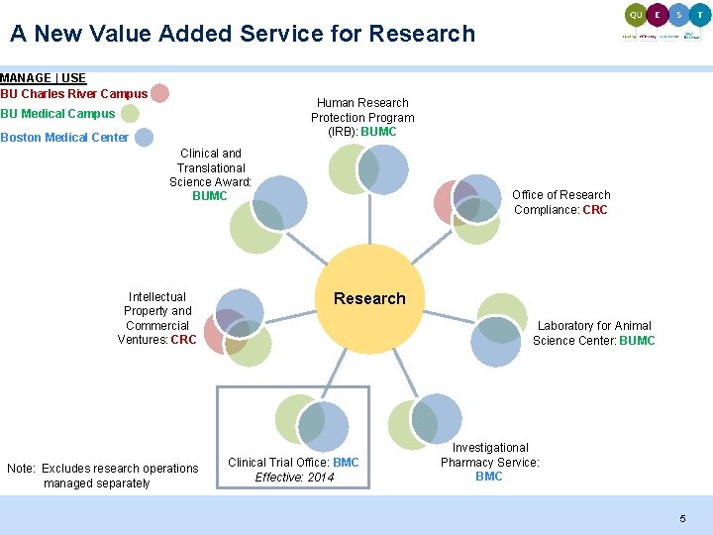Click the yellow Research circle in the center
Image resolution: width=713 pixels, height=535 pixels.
click(x=369, y=299)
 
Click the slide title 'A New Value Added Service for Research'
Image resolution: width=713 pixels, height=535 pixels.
click(x=243, y=34)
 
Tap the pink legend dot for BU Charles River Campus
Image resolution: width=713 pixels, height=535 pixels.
click(x=159, y=93)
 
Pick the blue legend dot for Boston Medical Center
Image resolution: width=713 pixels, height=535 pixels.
click(x=144, y=138)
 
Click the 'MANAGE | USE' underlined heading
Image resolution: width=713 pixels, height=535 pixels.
click(x=44, y=78)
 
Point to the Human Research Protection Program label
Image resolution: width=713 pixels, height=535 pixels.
click(x=362, y=117)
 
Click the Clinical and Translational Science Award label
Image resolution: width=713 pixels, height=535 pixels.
click(x=210, y=174)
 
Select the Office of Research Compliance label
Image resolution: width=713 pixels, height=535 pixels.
click(x=560, y=202)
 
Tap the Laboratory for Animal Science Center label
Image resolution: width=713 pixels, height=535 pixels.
click(x=593, y=333)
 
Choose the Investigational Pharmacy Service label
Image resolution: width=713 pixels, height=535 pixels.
click(x=489, y=462)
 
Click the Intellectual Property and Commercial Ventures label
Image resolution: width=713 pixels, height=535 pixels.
click(x=156, y=318)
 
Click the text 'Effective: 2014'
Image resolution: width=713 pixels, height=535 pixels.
click(x=294, y=478)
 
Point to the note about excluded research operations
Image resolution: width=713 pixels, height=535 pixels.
click(x=102, y=476)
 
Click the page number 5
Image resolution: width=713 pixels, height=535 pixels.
click(x=681, y=519)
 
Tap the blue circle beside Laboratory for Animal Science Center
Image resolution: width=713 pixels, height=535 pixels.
click(x=495, y=343)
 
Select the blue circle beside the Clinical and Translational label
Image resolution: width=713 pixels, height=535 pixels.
click(x=280, y=202)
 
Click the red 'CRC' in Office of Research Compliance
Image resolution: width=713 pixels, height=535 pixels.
click(x=595, y=210)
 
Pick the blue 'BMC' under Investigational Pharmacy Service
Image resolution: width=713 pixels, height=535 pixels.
click(x=489, y=477)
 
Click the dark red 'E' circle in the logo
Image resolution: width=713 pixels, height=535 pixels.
click(x=657, y=15)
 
